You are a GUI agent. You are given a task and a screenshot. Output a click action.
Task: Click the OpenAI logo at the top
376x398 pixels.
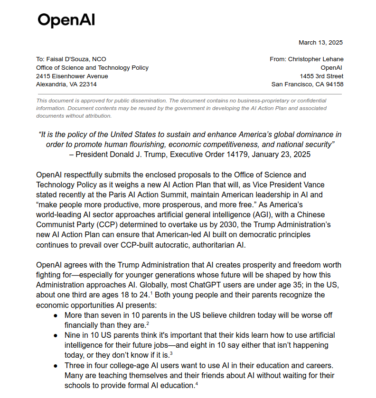click(66, 20)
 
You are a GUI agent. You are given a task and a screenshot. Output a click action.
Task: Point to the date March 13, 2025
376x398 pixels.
click(320, 43)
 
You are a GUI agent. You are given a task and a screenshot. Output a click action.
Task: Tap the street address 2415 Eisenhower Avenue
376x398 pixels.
click(72, 76)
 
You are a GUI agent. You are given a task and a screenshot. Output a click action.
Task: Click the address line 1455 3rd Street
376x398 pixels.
click(321, 76)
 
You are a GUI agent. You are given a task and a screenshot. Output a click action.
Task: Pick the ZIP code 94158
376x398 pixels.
click(333, 84)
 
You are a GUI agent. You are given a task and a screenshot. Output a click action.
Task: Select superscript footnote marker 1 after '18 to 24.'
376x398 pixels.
click(152, 293)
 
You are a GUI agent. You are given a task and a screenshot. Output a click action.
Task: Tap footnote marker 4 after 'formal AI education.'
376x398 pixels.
click(196, 384)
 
